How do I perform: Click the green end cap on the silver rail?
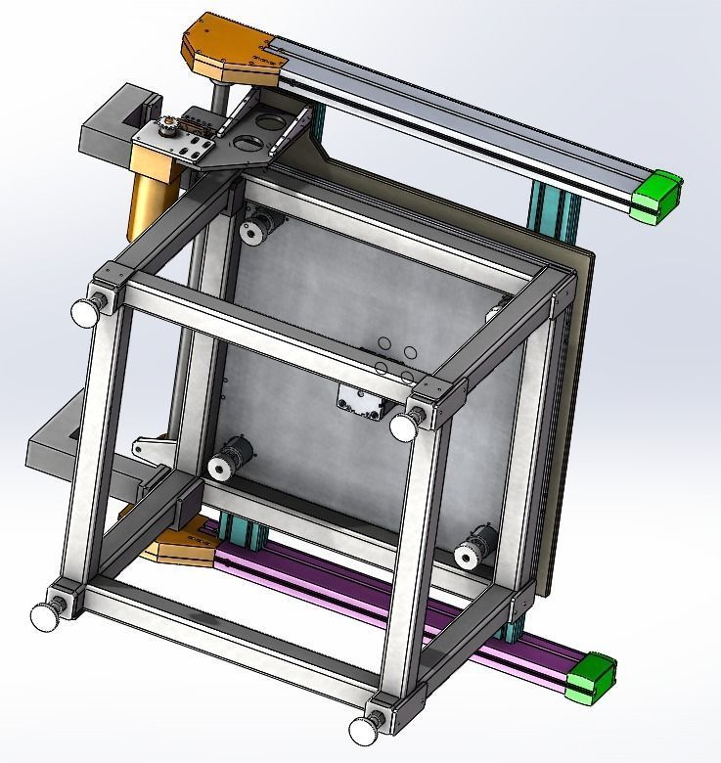pyautogui.click(x=656, y=197)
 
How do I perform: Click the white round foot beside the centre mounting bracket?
pyautogui.click(x=403, y=426)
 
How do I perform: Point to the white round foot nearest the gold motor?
pyautogui.click(x=87, y=312)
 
